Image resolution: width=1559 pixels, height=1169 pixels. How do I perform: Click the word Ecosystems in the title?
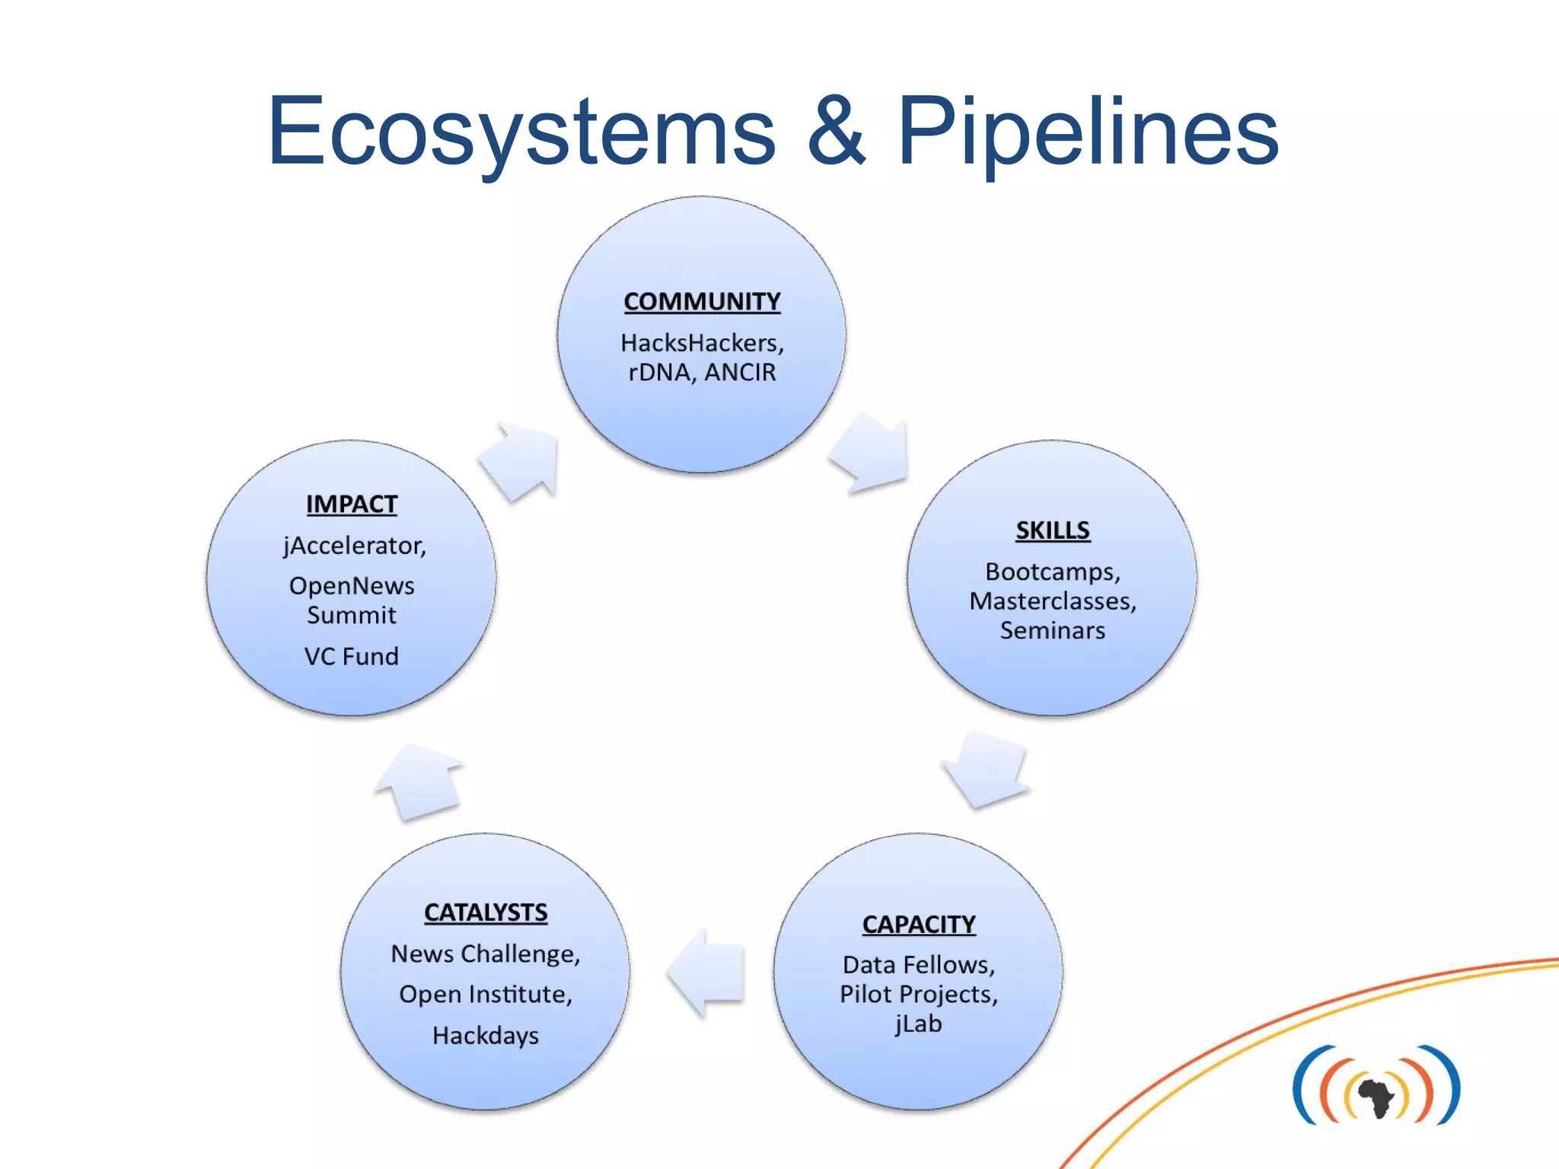point(521,131)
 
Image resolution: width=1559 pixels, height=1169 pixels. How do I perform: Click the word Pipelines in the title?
point(1088,131)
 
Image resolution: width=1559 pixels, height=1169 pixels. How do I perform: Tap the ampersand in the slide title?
point(837,131)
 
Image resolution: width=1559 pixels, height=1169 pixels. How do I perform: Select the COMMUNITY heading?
point(702,301)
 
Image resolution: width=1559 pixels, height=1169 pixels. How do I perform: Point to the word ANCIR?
point(740,373)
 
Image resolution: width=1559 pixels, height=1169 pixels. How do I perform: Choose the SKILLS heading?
point(1053,530)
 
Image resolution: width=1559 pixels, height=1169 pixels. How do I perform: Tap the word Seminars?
point(1052,631)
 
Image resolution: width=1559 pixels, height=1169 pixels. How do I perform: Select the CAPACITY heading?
point(919,924)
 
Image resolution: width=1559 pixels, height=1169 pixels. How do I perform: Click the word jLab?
point(918,1024)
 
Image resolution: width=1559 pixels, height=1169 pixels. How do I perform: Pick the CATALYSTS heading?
point(486,912)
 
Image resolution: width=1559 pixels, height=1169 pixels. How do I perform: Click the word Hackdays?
point(486,1036)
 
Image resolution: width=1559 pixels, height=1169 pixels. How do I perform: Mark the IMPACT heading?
point(352,504)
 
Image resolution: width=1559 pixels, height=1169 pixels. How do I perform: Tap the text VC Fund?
point(352,657)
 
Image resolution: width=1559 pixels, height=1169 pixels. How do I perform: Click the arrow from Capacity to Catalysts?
point(706,973)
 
